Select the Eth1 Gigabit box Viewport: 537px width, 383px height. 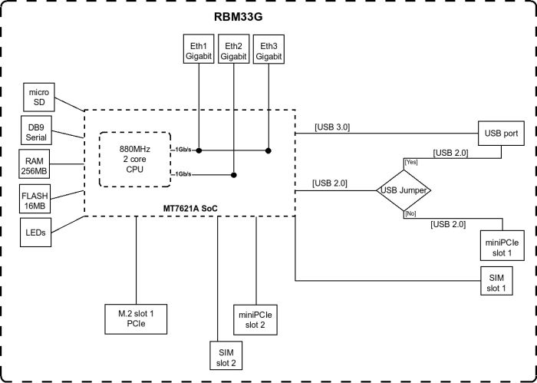click(199, 51)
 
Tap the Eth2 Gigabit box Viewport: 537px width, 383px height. click(233, 51)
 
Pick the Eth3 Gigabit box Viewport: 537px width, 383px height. click(268, 51)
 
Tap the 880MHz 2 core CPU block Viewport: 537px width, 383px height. click(133, 159)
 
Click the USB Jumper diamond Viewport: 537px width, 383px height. click(405, 189)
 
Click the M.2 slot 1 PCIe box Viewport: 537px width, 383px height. click(135, 319)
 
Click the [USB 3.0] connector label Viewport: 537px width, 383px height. click(331, 127)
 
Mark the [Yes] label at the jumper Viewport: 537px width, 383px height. click(411, 163)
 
